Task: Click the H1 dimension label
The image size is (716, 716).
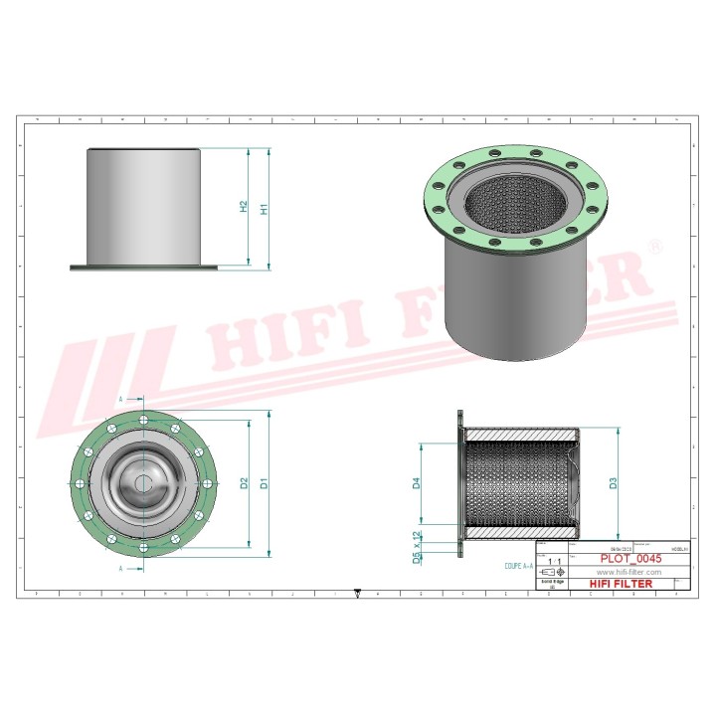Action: [x=265, y=209]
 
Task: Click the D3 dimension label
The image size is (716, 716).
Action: [x=614, y=483]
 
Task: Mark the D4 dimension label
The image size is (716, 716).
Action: [x=418, y=484]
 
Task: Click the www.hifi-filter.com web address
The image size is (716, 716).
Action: [x=628, y=573]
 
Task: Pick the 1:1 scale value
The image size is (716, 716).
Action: [x=553, y=562]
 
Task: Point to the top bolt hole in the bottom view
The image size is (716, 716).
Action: [x=145, y=419]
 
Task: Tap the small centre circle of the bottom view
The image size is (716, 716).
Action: [x=145, y=483]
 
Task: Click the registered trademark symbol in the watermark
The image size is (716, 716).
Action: [x=654, y=244]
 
